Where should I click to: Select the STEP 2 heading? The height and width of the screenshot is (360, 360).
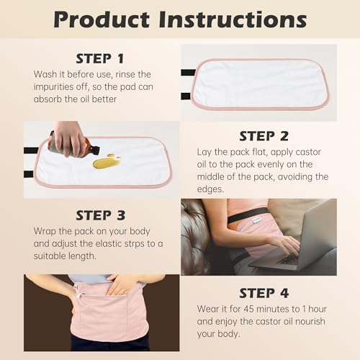coord(264,136)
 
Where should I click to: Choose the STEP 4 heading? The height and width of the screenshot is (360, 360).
coord(264,293)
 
